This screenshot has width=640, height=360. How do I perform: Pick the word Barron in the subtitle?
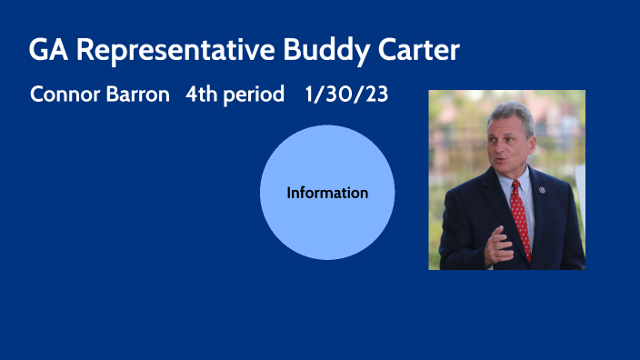tap(140, 95)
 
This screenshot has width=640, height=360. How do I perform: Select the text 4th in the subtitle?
tap(200, 95)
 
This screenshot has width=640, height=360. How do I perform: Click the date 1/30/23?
tap(348, 95)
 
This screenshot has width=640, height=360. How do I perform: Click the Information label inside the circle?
tap(327, 193)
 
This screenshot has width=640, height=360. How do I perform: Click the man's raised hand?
tap(498, 245)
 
